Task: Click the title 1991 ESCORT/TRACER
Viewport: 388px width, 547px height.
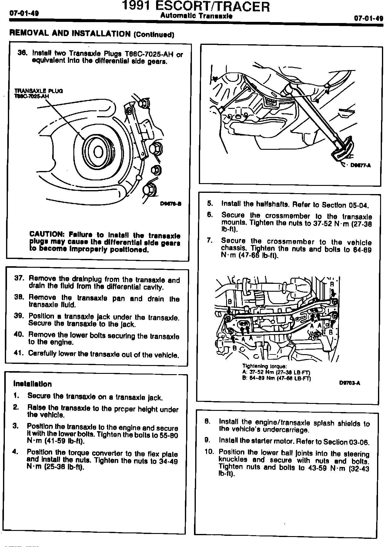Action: (x=196, y=7)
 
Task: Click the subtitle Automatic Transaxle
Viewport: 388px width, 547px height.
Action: (x=196, y=16)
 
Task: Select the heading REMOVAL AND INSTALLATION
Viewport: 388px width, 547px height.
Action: (x=70, y=33)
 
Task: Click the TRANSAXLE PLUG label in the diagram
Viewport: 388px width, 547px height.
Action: (x=38, y=91)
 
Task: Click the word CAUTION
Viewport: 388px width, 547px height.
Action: (x=46, y=234)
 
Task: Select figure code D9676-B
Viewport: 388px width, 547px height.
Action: (x=171, y=204)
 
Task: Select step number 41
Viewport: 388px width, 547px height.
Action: (x=18, y=353)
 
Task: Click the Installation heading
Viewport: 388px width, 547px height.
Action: (x=32, y=384)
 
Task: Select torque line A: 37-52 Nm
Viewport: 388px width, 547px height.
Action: (x=276, y=372)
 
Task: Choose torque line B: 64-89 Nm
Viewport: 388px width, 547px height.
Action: (x=276, y=378)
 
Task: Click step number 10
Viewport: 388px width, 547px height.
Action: (x=209, y=452)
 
